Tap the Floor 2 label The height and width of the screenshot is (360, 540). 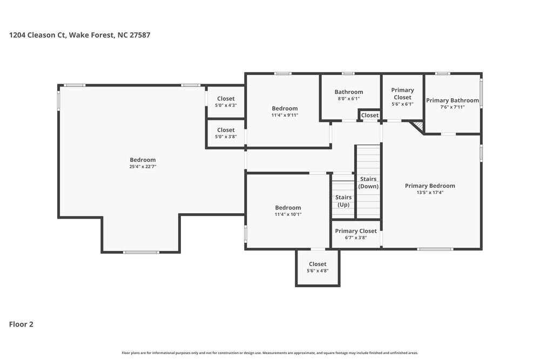pyautogui.click(x=21, y=324)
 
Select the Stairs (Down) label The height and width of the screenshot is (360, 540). pyautogui.click(x=369, y=182)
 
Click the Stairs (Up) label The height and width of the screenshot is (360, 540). pyautogui.click(x=343, y=201)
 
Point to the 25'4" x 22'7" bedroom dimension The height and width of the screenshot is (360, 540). pyautogui.click(x=143, y=167)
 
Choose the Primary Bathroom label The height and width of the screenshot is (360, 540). pyautogui.click(x=452, y=100)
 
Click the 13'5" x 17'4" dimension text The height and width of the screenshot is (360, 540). pyautogui.click(x=430, y=193)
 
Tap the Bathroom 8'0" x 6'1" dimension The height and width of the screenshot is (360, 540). pyautogui.click(x=348, y=99)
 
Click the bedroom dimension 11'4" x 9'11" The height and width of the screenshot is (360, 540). pyautogui.click(x=285, y=115)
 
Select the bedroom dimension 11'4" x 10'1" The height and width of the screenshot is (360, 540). pyautogui.click(x=288, y=214)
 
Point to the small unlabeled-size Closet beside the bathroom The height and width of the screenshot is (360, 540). pyautogui.click(x=370, y=115)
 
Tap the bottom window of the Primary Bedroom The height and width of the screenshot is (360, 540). pyautogui.click(x=435, y=249)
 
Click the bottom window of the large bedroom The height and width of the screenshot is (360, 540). pyautogui.click(x=141, y=252)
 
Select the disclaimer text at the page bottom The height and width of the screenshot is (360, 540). pyautogui.click(x=270, y=352)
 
